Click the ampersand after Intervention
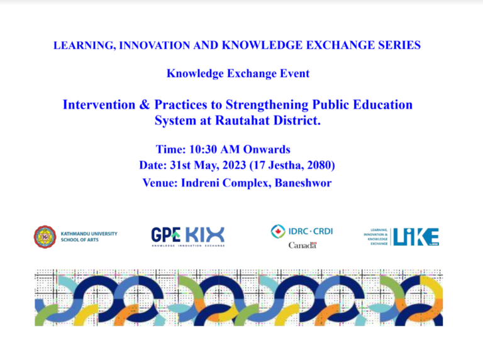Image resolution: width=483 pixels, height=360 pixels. (145, 105)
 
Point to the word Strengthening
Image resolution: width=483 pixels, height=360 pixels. (267, 105)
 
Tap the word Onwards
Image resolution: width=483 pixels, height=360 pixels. (267, 150)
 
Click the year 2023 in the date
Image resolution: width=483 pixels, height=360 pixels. (234, 165)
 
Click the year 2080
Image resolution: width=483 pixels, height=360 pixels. (319, 165)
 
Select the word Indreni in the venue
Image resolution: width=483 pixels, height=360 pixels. (200, 183)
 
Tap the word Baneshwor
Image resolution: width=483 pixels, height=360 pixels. (303, 183)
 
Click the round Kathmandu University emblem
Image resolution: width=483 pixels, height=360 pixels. (45, 237)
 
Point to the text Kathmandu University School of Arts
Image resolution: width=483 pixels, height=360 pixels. (89, 237)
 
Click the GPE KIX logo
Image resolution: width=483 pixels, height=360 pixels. (188, 237)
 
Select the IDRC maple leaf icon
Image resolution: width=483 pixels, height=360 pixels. (278, 231)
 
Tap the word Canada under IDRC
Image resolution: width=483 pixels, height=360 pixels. (303, 245)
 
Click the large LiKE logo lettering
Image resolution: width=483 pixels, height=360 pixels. (416, 237)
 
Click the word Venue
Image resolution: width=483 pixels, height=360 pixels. (160, 183)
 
